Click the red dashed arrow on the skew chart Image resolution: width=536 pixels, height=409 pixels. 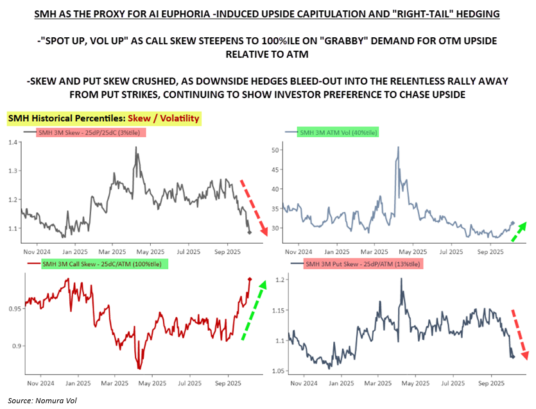pos(253,208)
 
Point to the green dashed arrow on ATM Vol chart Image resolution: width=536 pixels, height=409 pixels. pos(518,231)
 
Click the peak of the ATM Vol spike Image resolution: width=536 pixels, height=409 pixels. pos(398,147)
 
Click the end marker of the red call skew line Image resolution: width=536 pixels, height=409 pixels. pos(250,279)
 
